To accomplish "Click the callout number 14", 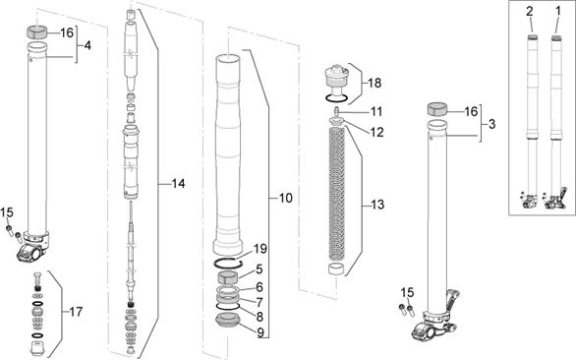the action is [179, 184].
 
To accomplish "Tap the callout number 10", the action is [285, 198].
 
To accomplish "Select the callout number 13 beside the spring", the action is [377, 205].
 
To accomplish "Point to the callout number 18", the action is [374, 83].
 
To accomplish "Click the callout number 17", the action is [76, 312].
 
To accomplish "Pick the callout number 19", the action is [260, 249].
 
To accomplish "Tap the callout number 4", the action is [87, 45].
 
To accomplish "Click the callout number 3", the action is [491, 124].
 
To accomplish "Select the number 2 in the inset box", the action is [530, 12].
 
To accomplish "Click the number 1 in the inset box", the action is [558, 12].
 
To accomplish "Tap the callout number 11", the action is [376, 111].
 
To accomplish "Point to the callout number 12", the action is [376, 132].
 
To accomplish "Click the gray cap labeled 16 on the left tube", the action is [37, 31].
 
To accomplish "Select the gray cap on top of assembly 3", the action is [436, 110].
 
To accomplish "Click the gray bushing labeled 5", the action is [229, 277].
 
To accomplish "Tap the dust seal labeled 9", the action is [228, 319].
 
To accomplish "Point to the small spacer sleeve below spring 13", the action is [335, 269].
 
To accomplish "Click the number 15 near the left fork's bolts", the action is [7, 212].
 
